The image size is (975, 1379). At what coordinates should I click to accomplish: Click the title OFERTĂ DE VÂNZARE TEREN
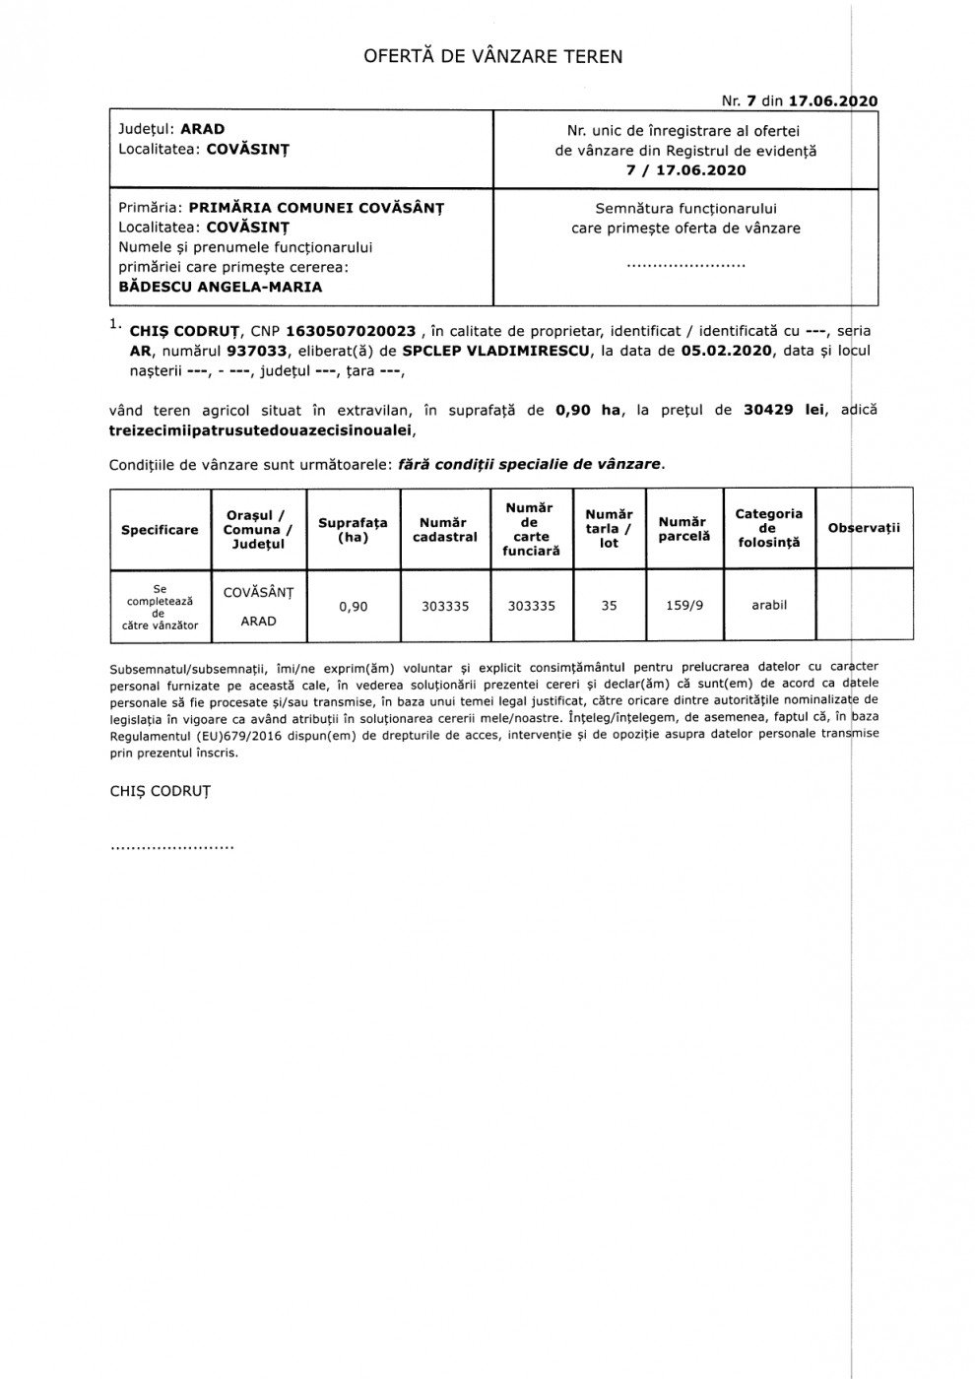click(x=493, y=56)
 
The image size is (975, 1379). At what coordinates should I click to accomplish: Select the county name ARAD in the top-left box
click(x=202, y=129)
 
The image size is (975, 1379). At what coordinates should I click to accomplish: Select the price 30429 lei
click(x=784, y=410)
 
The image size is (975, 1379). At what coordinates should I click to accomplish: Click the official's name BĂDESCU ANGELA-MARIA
click(x=220, y=287)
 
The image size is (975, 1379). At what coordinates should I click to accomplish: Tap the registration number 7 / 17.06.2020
click(x=685, y=170)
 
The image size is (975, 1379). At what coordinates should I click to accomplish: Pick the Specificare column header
click(x=160, y=530)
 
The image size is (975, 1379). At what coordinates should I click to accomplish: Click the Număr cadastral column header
click(x=445, y=530)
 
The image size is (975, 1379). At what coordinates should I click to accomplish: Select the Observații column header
click(x=864, y=528)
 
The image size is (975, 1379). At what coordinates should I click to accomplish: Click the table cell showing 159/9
click(x=684, y=606)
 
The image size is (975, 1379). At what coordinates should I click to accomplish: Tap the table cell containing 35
click(x=609, y=606)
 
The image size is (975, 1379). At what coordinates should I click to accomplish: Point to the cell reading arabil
click(x=769, y=605)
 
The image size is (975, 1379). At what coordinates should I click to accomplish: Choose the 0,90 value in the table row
click(x=353, y=607)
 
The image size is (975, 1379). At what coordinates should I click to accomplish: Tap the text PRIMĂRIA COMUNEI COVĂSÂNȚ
click(x=316, y=208)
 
